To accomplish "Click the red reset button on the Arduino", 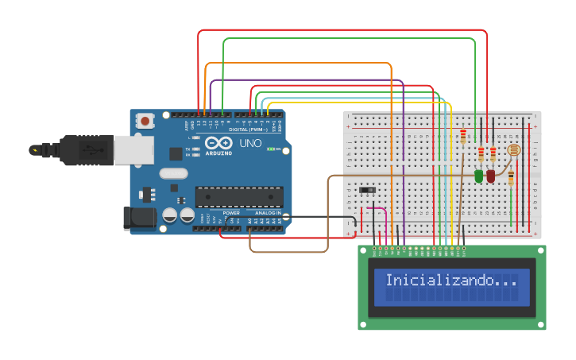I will point(145,121).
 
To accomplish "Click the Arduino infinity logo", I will point(218,143).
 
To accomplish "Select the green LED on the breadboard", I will point(478,176).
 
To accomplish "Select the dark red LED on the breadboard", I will point(491,176).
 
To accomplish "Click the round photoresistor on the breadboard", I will point(513,149).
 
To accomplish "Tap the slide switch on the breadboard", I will point(367,190).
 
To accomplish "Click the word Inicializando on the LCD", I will point(440,281).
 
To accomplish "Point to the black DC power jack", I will point(139,218).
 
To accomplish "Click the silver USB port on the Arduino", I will point(133,149).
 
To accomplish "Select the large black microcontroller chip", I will point(239,196).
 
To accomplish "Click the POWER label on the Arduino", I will point(231,213).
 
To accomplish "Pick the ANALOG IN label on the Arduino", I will point(267,213).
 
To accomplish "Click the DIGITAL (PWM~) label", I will point(249,130).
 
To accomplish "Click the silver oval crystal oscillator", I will point(173,173).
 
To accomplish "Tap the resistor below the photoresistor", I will point(511,177).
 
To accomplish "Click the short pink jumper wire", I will point(377,209).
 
